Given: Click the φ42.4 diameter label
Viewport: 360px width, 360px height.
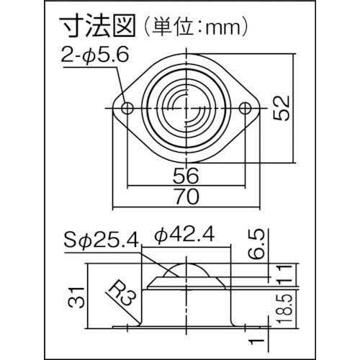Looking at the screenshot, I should tap(183, 235).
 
